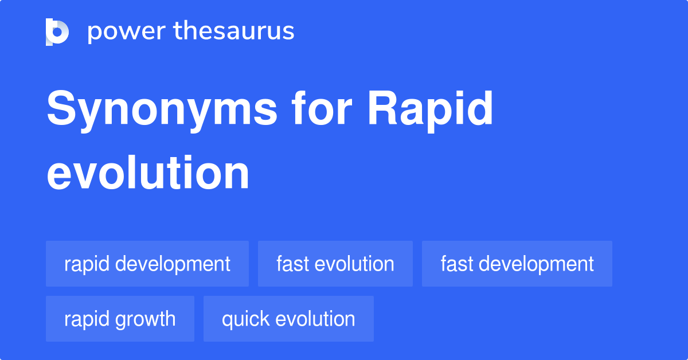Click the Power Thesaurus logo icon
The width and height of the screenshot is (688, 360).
point(57,32)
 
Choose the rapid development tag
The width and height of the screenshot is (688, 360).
point(147,264)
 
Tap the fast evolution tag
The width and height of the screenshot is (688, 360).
point(335,264)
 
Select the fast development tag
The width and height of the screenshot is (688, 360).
point(517,264)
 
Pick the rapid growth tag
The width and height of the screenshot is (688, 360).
point(120,319)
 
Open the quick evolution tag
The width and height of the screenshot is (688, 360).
point(288,319)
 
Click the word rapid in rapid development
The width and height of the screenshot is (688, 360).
point(87,264)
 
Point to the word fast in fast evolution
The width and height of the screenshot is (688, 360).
point(293,264)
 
